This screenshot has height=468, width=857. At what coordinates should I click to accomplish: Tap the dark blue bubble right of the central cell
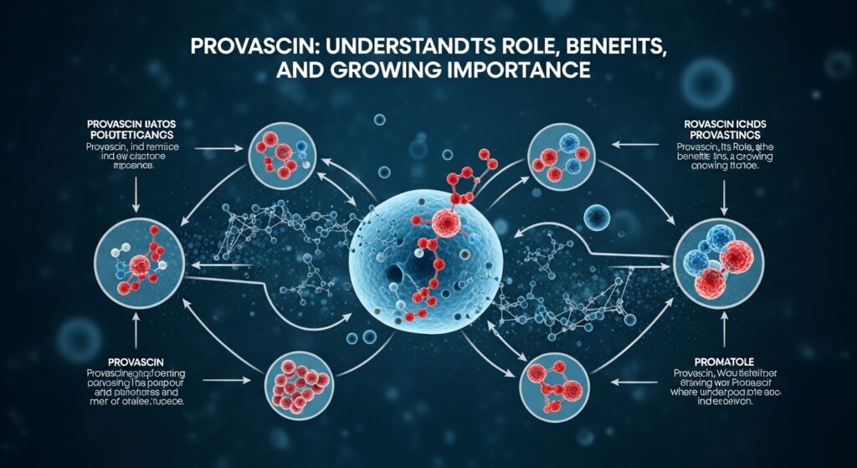598,217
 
